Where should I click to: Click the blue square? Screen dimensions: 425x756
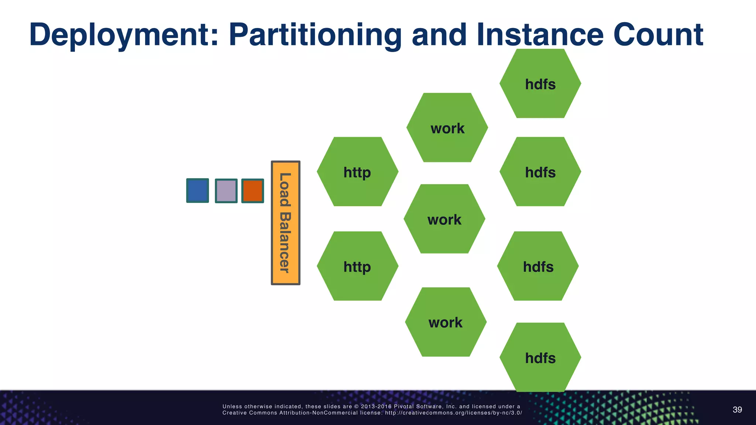[x=197, y=190]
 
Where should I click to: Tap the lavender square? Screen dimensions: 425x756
[x=226, y=191]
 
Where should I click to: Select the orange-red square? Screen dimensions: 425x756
[x=252, y=191]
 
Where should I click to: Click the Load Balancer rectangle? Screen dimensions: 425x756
[x=285, y=223]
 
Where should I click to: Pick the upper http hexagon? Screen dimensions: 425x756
[x=357, y=172]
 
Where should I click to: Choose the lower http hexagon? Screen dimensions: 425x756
[x=357, y=266]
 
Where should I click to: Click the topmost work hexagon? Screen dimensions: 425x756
[x=447, y=128]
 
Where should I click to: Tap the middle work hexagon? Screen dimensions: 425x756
[x=444, y=219]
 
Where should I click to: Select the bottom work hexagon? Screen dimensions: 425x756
[x=446, y=322]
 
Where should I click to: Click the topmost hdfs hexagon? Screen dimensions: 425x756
[x=540, y=84]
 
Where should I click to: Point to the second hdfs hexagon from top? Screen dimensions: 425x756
[x=540, y=172]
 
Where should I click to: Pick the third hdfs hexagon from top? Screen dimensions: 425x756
[x=538, y=266]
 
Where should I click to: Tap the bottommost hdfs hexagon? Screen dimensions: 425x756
[x=540, y=357]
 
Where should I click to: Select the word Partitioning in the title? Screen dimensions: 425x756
[x=315, y=35]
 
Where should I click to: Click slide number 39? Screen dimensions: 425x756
[x=737, y=410]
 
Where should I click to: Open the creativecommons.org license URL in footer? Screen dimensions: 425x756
[x=453, y=413]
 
